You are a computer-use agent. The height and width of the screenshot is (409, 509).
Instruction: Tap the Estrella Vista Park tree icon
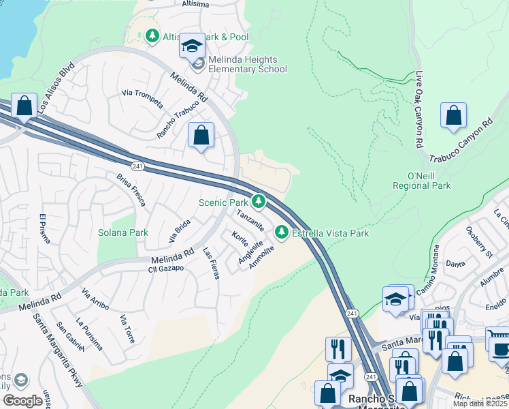tap(282, 233)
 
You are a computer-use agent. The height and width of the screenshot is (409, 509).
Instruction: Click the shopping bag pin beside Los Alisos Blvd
tap(24, 107)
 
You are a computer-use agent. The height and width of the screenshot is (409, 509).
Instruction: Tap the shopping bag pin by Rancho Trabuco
tap(201, 136)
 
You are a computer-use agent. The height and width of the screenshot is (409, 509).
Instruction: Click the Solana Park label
tap(123, 232)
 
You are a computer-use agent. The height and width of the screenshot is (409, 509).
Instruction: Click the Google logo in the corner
tap(23, 401)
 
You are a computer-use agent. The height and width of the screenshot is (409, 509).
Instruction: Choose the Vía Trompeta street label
tap(142, 98)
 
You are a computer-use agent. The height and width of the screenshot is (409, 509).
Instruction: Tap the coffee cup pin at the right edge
tap(501, 350)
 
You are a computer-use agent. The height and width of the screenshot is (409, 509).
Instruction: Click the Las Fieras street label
tap(211, 263)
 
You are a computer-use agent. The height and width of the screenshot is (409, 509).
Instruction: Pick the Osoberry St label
tap(479, 242)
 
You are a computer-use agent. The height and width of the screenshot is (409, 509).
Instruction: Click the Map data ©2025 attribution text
tap(479, 404)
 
